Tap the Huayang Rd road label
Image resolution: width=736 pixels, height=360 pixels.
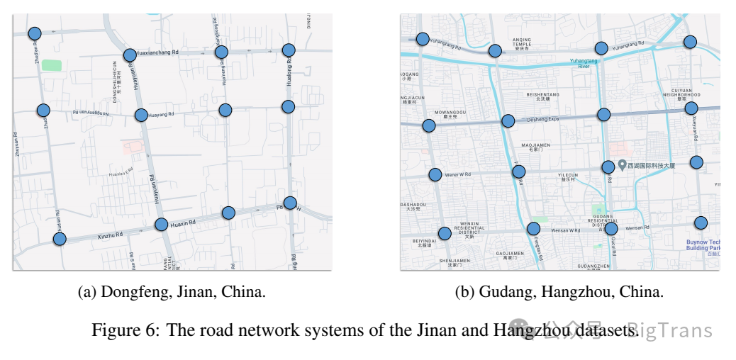162,114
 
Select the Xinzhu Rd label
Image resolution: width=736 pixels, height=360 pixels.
110,234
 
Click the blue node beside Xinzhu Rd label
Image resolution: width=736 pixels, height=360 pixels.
60,239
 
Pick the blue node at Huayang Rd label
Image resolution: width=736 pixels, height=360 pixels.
141,115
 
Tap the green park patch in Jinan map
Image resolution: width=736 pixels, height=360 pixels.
51,65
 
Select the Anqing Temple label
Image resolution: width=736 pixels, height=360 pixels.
522,44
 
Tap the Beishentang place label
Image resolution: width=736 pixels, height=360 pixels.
542,96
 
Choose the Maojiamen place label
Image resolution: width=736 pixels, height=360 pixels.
536,147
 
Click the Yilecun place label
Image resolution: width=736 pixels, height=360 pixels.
568,177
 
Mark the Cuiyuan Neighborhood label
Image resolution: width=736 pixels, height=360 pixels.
681,94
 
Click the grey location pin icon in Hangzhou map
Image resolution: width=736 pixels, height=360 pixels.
622,165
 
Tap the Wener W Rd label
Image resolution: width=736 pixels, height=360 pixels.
457,174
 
